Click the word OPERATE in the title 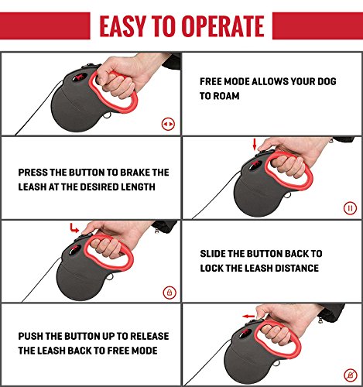click(x=223, y=26)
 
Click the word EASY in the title click(x=122, y=26)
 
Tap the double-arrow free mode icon click(x=168, y=124)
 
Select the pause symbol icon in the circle click(x=350, y=208)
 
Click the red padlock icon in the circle click(x=170, y=293)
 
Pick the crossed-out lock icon click(x=351, y=375)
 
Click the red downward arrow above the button click(x=255, y=144)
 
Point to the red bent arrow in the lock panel click(x=74, y=228)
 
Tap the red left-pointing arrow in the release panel click(x=248, y=317)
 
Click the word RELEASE click(x=149, y=336)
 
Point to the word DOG click(x=327, y=81)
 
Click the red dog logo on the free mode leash click(x=80, y=77)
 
